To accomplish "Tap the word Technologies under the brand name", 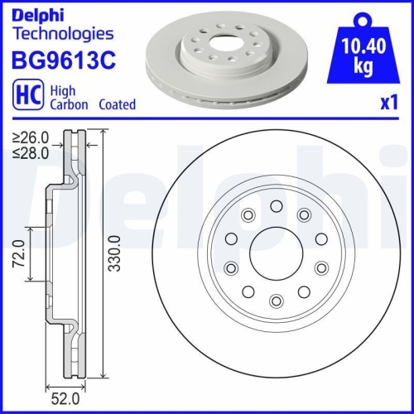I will [x=61, y=34].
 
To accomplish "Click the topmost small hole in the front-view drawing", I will [x=276, y=206].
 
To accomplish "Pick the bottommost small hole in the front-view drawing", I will [x=276, y=300].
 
